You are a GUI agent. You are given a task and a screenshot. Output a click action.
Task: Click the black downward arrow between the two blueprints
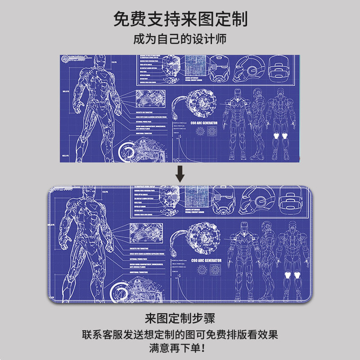tap(180, 173)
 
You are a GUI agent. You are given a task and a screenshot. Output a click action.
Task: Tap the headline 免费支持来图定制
tap(180, 19)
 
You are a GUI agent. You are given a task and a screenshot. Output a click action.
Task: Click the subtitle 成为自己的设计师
tap(180, 39)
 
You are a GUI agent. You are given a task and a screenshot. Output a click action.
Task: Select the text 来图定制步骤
tap(180, 319)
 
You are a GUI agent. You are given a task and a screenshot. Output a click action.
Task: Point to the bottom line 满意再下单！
tap(180, 348)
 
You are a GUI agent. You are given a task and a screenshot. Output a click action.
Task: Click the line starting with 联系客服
tap(180, 335)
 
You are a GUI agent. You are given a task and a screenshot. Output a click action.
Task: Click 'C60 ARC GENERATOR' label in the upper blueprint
tap(204, 123)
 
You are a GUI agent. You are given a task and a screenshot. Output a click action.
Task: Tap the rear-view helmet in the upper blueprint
tap(279, 67)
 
